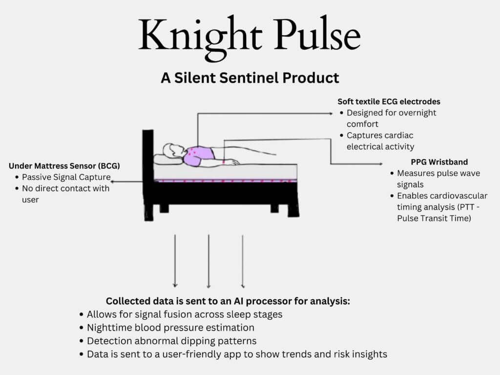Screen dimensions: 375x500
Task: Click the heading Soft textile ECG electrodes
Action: click(389, 102)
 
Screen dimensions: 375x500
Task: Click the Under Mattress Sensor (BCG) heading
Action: click(64, 166)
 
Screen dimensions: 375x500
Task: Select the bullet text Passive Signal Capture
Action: click(66, 177)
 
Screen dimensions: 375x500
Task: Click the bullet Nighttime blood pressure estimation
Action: click(170, 327)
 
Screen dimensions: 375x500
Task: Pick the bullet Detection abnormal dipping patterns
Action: click(171, 340)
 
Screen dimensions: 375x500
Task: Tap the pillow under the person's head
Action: click(166, 160)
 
